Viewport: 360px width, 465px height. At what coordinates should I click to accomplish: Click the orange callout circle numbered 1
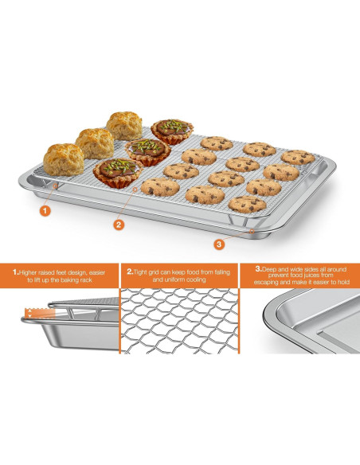[x=45, y=211]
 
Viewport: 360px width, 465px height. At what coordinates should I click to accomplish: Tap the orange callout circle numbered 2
[x=119, y=225]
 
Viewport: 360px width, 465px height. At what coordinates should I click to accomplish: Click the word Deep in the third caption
[x=265, y=270]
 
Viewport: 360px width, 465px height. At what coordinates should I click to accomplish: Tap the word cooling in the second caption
[x=197, y=280]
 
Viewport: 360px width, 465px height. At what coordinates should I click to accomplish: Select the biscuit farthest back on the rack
[x=124, y=125]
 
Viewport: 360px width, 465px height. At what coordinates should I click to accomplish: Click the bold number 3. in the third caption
[x=257, y=270]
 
